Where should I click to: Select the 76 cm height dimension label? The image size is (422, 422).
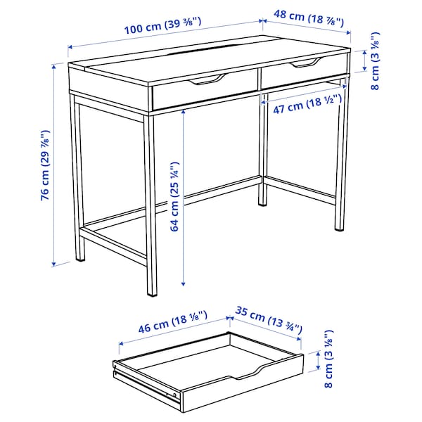pos(45,165)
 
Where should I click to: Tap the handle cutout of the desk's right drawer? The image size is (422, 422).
pos(305,64)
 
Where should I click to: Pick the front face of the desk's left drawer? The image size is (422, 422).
pos(204,94)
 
